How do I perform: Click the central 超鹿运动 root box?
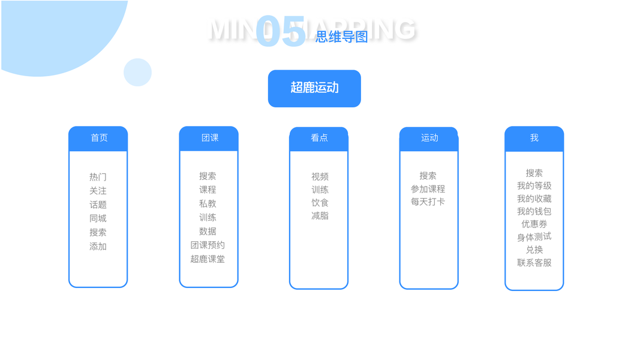click(314, 88)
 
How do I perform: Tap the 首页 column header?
click(98, 138)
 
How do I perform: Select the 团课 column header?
click(209, 138)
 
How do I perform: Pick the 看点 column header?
click(319, 138)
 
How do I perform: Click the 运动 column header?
click(429, 138)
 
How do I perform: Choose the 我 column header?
click(534, 138)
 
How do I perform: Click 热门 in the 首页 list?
click(98, 177)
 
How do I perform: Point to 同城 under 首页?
click(98, 218)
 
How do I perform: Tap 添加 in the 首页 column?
click(98, 246)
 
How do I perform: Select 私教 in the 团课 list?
click(208, 203)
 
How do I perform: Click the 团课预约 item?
click(208, 245)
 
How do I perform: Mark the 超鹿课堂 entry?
click(208, 259)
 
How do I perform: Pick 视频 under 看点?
click(320, 176)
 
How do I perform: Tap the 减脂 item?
click(320, 215)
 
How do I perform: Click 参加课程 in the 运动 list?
click(428, 189)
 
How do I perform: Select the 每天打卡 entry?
click(428, 202)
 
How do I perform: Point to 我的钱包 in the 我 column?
click(534, 211)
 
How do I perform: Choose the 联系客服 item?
click(534, 263)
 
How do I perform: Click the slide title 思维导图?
click(342, 37)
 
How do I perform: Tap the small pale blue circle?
click(137, 72)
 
